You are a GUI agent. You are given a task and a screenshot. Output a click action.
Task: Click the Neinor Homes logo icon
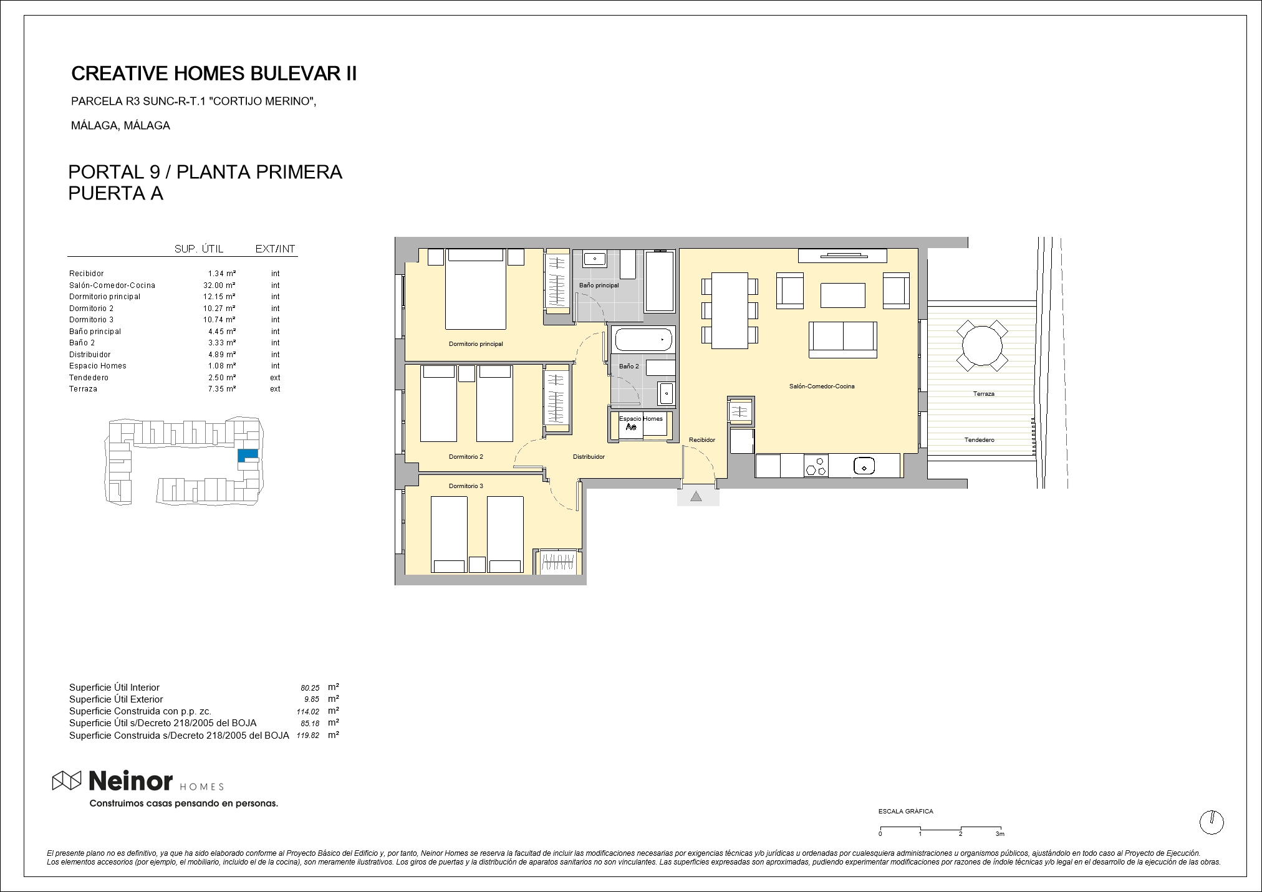coord(67,780)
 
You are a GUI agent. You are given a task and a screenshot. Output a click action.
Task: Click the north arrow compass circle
coord(1211,822)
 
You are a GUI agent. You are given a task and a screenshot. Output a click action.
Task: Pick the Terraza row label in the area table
coord(83,389)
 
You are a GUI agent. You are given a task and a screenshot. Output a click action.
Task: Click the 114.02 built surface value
coord(307,711)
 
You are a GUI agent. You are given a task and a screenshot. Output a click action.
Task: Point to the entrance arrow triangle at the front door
coord(696,496)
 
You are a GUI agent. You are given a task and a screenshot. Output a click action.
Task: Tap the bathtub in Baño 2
coord(644,340)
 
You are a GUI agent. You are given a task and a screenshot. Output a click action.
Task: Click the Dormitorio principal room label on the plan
coord(476,344)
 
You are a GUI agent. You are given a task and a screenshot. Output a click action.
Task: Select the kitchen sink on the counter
coord(864,466)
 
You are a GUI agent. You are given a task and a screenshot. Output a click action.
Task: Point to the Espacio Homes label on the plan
coord(641,419)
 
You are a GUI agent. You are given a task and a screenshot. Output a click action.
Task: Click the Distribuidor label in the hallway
coord(589,457)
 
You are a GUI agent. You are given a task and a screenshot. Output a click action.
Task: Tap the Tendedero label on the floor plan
coord(979,440)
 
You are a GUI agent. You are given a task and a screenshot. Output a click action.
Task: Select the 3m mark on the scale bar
coord(999,834)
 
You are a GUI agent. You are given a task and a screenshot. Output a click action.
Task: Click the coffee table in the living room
coord(842,295)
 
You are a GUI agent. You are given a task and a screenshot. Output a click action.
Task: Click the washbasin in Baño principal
coord(595,257)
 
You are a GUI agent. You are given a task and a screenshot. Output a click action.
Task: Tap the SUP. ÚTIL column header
coord(199,249)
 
